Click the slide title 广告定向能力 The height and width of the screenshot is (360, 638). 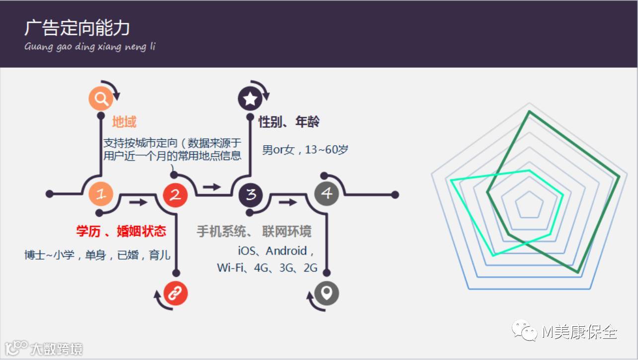click(x=77, y=28)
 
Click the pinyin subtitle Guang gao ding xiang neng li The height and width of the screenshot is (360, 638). click(x=90, y=47)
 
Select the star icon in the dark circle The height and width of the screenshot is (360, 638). click(x=250, y=98)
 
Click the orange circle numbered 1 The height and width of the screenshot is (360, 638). click(x=101, y=194)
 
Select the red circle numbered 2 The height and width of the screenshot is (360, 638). click(x=175, y=194)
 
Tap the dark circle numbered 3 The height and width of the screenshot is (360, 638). click(x=251, y=194)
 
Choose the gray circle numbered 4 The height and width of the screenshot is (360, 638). click(x=326, y=193)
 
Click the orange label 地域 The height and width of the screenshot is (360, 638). click(x=124, y=122)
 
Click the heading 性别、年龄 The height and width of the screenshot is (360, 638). click(x=289, y=122)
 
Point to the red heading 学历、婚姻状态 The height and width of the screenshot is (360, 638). click(x=121, y=231)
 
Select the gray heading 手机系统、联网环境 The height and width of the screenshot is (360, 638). click(x=254, y=232)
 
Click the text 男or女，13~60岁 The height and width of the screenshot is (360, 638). click(x=305, y=150)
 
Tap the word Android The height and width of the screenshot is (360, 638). click(x=286, y=251)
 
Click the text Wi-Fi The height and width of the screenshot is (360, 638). click(x=231, y=268)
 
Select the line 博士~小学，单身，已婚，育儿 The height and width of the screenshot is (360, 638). click(x=97, y=256)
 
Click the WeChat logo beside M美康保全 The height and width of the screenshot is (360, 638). click(x=525, y=331)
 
